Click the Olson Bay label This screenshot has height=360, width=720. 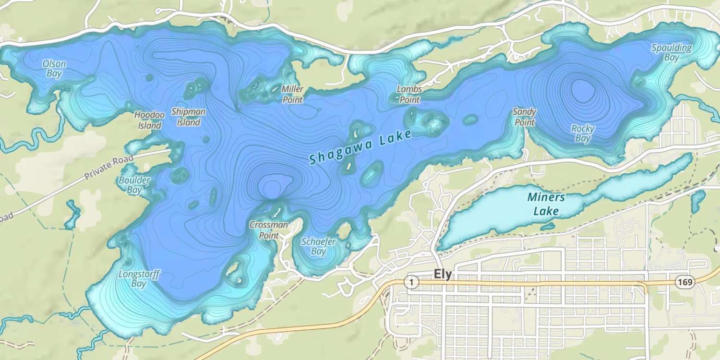pos(54,69)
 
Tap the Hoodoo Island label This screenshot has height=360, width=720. pos(149,120)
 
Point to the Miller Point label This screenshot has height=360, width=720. pos(292,94)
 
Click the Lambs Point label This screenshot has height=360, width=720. pos(409,95)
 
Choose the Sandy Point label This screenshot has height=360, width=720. pos(524,117)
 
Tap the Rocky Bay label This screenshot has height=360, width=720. pos(583,133)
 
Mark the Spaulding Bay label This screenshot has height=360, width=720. pos(672,52)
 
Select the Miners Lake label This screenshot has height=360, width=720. pos(546,204)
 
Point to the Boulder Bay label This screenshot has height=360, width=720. pos(134,185)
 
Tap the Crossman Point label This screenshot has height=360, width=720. pos(269,230)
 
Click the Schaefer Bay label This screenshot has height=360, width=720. pos(318,246)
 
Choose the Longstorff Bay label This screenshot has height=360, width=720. pos(139,279)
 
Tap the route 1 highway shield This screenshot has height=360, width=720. pos(411,282)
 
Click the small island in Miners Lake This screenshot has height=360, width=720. pos(548,225)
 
